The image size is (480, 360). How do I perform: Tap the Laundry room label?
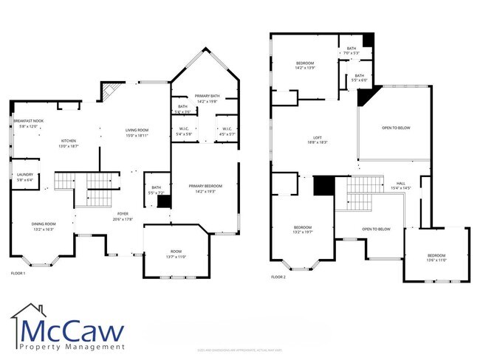coord(24,174)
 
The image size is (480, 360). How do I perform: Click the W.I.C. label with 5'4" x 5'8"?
coord(185,131)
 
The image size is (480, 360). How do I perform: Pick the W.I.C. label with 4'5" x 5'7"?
coord(227,131)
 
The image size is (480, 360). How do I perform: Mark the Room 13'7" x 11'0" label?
coord(174,253)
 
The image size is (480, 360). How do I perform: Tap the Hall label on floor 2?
coord(401,184)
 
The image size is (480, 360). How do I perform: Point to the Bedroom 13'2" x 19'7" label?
coord(303,228)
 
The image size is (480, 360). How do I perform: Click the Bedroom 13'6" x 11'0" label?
coord(437,257)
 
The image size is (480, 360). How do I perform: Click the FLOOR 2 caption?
coord(278,277)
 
